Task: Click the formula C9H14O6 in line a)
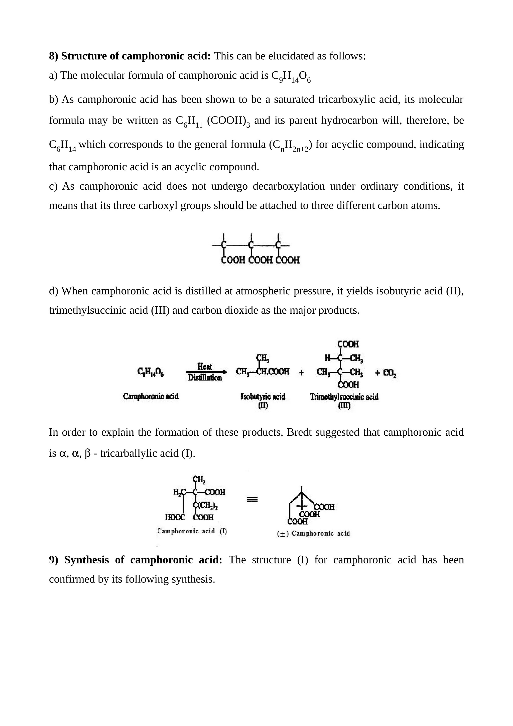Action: pos(291,76)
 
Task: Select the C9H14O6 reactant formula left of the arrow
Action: pos(151,372)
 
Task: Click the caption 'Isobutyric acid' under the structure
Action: pos(263,397)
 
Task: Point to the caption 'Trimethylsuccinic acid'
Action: pos(344,397)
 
